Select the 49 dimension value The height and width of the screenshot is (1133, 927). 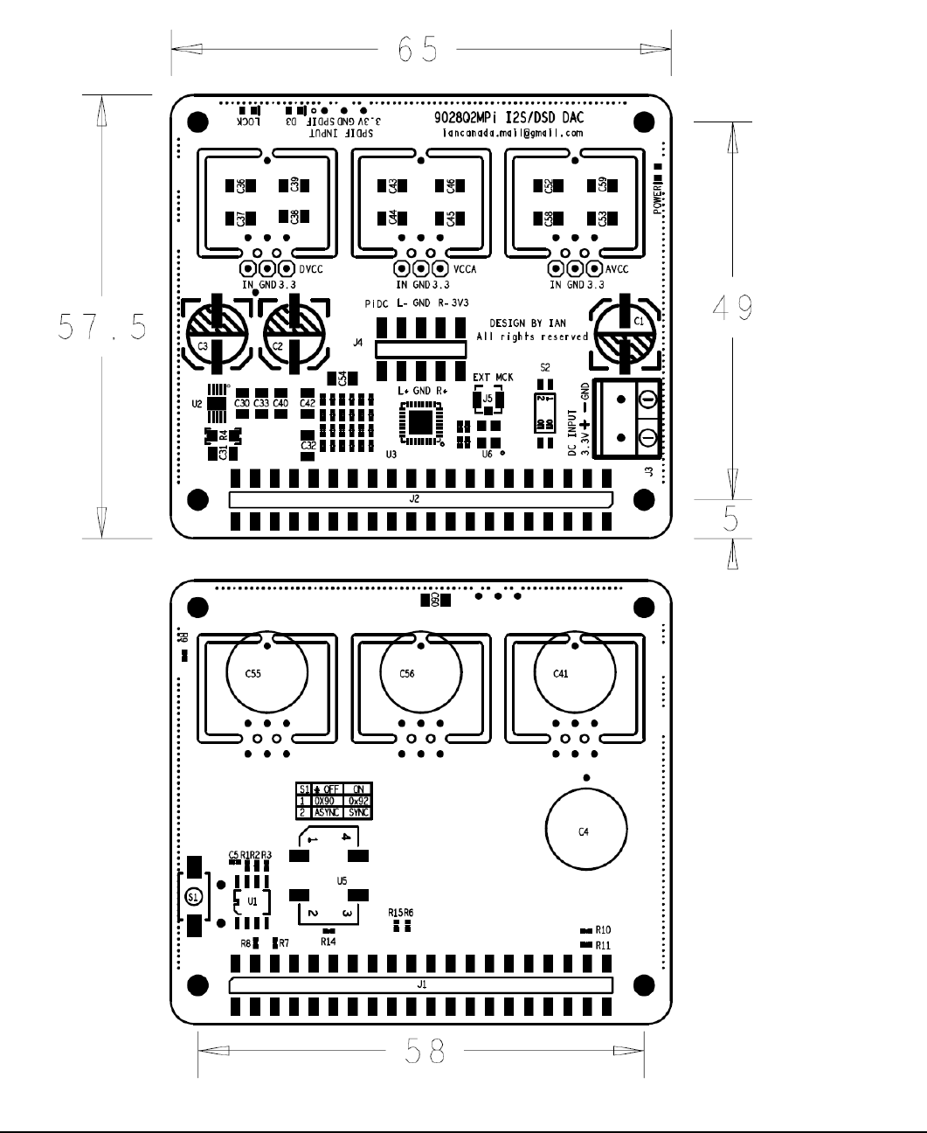[x=732, y=308]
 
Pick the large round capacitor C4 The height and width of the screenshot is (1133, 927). [x=585, y=831]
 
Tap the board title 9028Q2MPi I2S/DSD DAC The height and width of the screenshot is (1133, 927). [x=508, y=117]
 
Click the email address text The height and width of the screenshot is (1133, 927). [x=512, y=134]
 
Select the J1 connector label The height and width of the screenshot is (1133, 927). [x=422, y=984]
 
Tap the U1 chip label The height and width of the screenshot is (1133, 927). [x=252, y=900]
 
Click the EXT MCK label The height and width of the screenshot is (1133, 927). [x=493, y=378]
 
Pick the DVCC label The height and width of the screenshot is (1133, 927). [x=311, y=269]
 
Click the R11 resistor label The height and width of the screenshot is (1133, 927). [x=603, y=945]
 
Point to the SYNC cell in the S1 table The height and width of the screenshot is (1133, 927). [x=357, y=812]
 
